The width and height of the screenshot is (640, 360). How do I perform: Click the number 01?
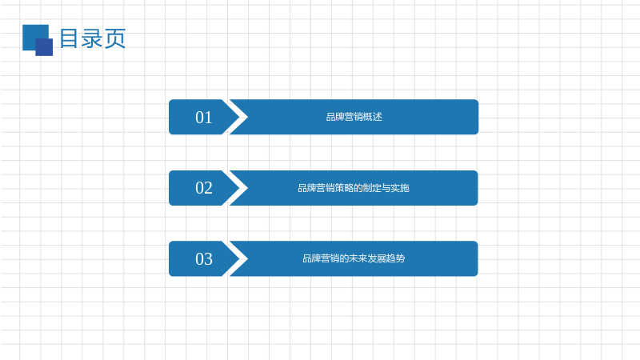204,118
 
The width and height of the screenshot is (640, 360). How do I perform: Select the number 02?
204,188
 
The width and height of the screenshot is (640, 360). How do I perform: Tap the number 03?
204,259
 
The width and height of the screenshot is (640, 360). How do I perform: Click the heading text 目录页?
93,38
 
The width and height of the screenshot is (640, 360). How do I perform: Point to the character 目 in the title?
69,38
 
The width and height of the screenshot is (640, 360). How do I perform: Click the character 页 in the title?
114,38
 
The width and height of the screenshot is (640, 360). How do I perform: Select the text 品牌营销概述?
354,117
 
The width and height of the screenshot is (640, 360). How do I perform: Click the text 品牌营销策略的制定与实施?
354,188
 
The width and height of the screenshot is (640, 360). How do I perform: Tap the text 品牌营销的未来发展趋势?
354,258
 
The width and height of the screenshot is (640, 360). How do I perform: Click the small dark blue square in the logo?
44,47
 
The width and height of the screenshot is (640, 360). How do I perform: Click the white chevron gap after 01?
235,117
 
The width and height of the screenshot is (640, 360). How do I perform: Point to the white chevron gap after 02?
235,188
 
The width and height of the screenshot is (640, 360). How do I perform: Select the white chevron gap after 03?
235,258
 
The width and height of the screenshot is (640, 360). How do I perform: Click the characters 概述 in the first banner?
373,117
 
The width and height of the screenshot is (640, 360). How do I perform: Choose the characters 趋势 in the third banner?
395,258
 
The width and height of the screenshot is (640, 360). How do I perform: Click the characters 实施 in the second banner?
400,188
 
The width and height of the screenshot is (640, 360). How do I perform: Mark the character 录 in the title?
91,38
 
